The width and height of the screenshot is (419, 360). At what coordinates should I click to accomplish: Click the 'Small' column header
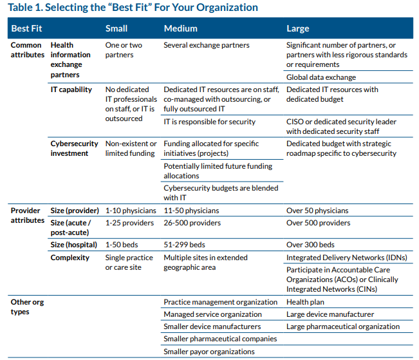coord(116,28)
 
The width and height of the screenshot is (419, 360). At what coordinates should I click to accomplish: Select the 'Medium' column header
coord(180,28)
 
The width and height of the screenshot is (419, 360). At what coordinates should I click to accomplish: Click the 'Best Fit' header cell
coord(26,28)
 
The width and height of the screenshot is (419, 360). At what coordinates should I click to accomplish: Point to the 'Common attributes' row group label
coord(27,50)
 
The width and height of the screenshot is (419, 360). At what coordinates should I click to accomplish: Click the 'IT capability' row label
coord(71,90)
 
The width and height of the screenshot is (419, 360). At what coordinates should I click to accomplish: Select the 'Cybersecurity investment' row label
coord(74,148)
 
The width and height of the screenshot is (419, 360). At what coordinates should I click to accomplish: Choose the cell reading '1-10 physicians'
coord(131,211)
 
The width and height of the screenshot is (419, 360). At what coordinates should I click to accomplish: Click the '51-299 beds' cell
coord(184,245)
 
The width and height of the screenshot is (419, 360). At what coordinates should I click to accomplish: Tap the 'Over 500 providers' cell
coord(318,223)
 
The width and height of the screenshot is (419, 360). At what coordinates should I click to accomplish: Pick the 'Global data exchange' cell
coord(321,77)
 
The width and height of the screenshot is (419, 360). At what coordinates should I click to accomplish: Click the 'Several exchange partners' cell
coord(207,45)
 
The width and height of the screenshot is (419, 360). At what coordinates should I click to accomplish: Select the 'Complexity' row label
coord(70,258)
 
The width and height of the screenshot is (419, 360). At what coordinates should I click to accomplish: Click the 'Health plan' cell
coord(306,302)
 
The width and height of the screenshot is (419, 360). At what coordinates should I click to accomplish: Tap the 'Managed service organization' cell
coord(212,314)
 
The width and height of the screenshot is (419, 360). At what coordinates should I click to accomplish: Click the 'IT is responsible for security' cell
coord(210,122)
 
